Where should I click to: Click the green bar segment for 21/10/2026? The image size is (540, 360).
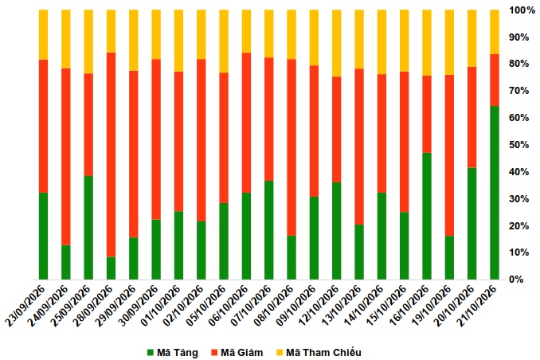pos(494,193)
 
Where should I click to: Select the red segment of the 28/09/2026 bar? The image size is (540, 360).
pos(111,155)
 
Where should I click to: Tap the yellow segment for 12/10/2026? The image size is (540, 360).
pos(336,43)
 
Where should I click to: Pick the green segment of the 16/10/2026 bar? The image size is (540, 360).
pos(427,216)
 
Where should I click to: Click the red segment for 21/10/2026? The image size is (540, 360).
pos(494,80)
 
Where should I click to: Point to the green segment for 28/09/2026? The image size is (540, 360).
pos(111,268)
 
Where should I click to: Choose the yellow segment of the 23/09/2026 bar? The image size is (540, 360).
pos(43,35)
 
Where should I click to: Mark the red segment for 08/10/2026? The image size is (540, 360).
pos(292,147)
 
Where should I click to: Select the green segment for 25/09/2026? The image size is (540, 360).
pos(88,228)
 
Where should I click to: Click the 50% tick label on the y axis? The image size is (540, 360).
pos(519,145)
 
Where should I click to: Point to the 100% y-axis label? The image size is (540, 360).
pos(522,10)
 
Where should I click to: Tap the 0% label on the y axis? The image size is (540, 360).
pos(517,280)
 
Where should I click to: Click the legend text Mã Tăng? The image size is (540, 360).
pos(178,353)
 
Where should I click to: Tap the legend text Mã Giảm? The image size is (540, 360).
pos(242,353)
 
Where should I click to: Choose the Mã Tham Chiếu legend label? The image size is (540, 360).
pos(323,353)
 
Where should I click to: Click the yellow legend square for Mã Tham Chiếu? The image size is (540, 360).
pos(280,353)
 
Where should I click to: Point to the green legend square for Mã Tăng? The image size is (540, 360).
pos(151,353)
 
